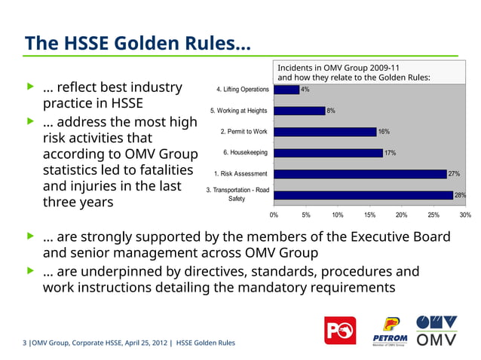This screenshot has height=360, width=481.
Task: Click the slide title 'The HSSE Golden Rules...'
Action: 138,43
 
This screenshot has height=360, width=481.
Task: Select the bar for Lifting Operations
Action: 286,90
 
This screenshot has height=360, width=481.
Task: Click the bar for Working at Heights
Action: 299,111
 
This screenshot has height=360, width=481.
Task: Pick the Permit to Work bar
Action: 325,132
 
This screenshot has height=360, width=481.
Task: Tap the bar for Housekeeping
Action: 328,153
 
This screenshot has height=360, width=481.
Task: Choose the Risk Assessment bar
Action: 360,174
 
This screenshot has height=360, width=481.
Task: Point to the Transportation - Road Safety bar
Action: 363,195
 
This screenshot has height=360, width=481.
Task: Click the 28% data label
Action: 460,195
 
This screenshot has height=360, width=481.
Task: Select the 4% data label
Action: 305,90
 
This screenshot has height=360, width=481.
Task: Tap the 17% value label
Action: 390,153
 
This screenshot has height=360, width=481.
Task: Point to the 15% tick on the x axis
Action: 369,215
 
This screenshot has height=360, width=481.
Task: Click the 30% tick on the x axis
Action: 465,215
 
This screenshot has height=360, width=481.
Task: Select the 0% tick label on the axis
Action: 274,215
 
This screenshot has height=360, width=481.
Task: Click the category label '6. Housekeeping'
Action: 246,153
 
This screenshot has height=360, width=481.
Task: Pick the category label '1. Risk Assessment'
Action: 240,174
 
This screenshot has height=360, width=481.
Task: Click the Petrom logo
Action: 389,332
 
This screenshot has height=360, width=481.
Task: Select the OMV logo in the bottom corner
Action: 437,332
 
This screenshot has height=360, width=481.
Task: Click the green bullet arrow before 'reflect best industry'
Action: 31,87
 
